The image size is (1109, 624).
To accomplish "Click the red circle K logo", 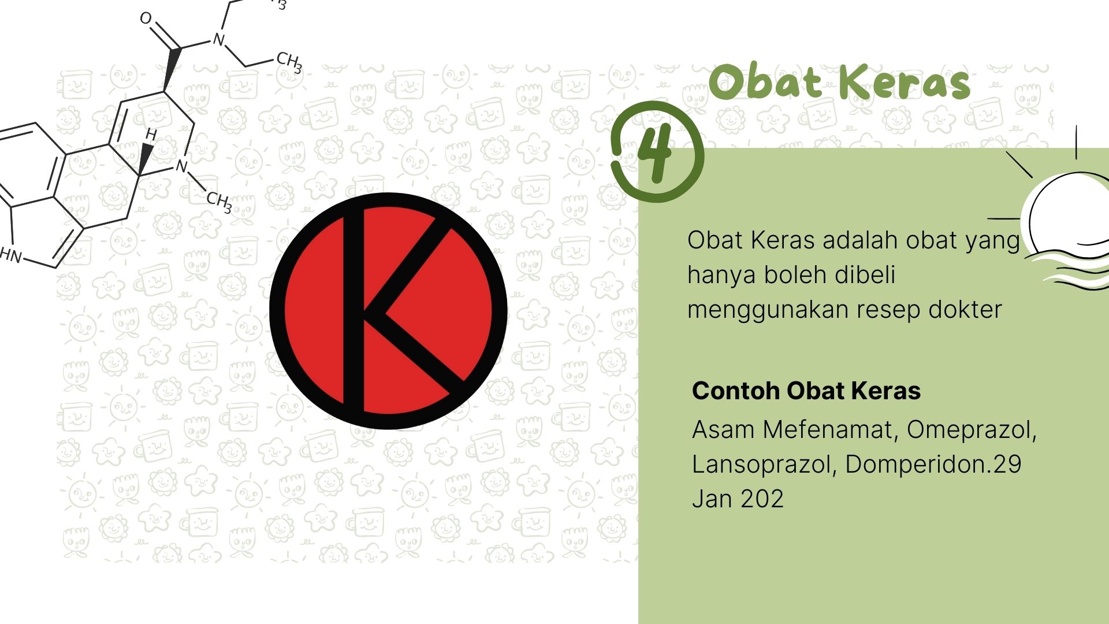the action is pyautogui.click(x=388, y=311).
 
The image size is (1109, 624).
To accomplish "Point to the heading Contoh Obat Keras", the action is pyautogui.click(x=806, y=391).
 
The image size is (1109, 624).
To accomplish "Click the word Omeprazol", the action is pyautogui.click(x=972, y=430).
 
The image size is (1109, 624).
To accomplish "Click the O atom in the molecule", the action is pyautogui.click(x=146, y=18).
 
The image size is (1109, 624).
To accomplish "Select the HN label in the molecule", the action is pyautogui.click(x=10, y=255).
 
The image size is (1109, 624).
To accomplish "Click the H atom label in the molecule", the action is pyautogui.click(x=151, y=135).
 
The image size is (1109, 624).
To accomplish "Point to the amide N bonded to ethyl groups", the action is pyautogui.click(x=218, y=39).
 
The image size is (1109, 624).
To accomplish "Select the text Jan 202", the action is pyautogui.click(x=738, y=499).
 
